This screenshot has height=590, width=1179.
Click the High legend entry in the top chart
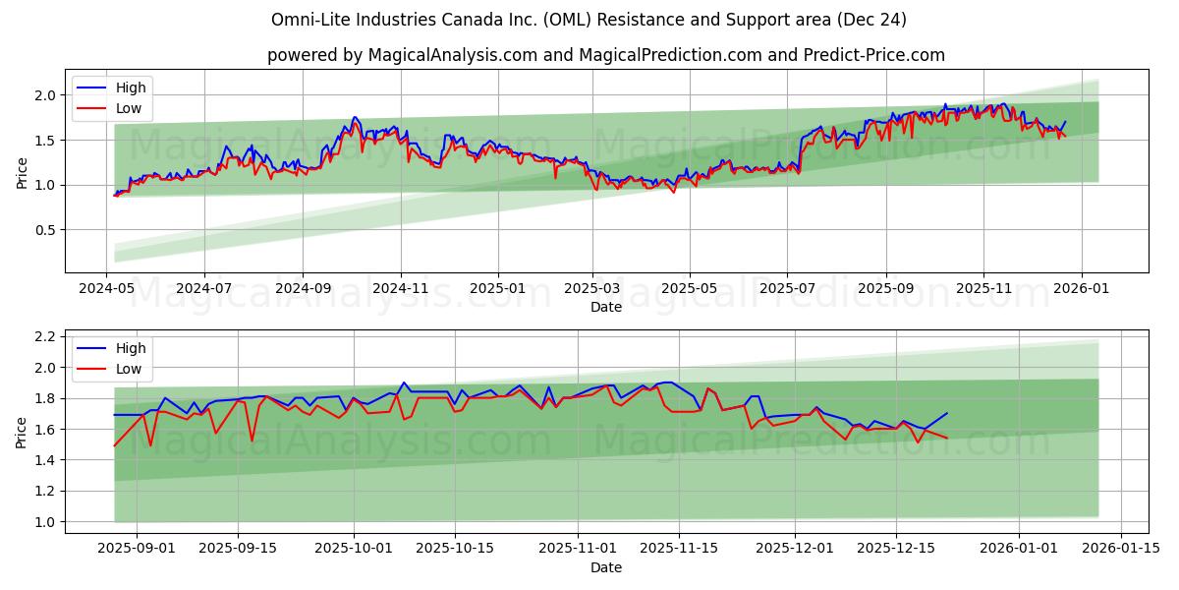pyautogui.click(x=130, y=88)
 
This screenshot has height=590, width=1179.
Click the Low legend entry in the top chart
pyautogui.click(x=128, y=108)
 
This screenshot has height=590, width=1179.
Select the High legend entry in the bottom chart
pyautogui.click(x=130, y=348)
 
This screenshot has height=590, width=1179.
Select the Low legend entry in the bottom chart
pyautogui.click(x=128, y=369)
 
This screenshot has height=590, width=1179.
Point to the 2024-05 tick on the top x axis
pyautogui.click(x=106, y=289)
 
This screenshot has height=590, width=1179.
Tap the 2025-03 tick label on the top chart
pyautogui.click(x=592, y=289)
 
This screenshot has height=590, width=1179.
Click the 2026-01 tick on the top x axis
pyautogui.click(x=1082, y=289)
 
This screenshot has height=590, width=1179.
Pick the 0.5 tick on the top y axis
pyautogui.click(x=45, y=230)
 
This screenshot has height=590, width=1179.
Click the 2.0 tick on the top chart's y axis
pyautogui.click(x=45, y=95)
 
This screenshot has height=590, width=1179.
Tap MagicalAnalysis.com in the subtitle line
pyautogui.click(x=453, y=55)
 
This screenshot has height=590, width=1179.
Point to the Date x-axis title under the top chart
pyautogui.click(x=606, y=307)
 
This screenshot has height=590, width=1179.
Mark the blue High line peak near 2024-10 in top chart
pyautogui.click(x=355, y=117)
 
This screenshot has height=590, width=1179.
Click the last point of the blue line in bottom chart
pyautogui.click(x=947, y=413)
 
